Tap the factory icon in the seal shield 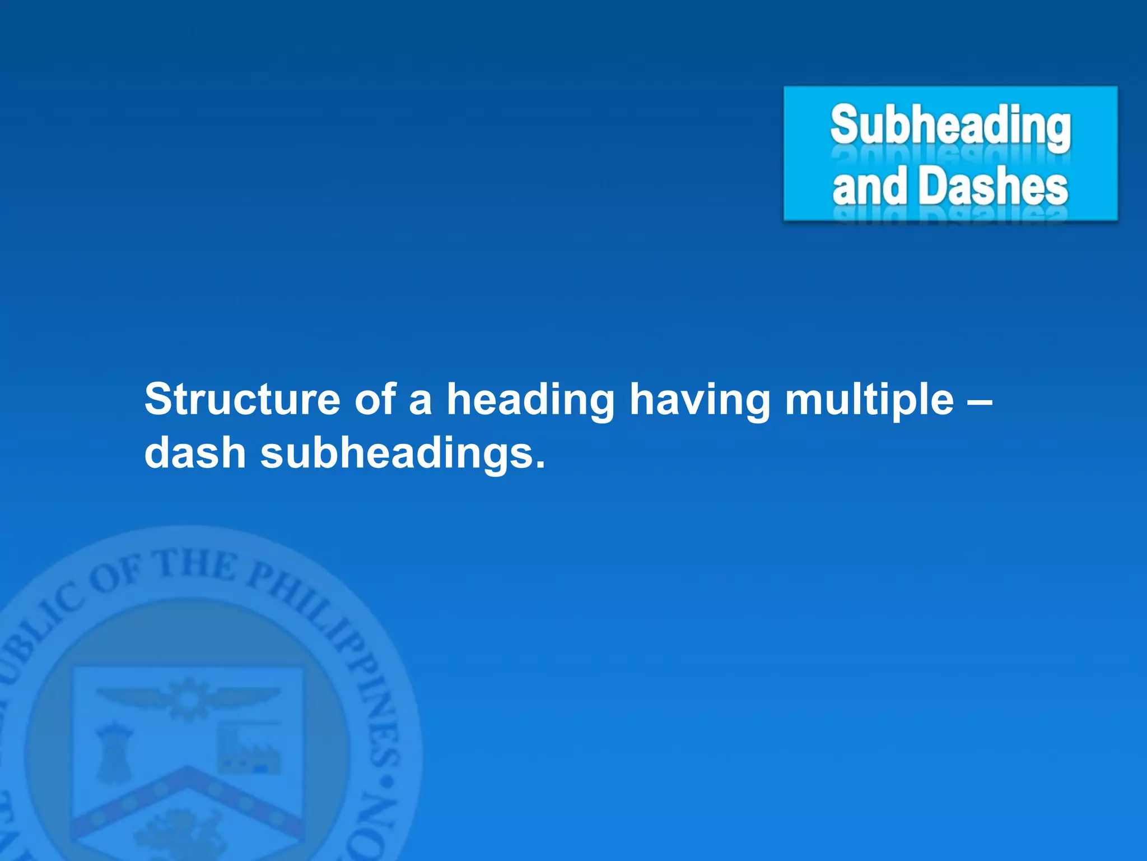(x=249, y=748)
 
